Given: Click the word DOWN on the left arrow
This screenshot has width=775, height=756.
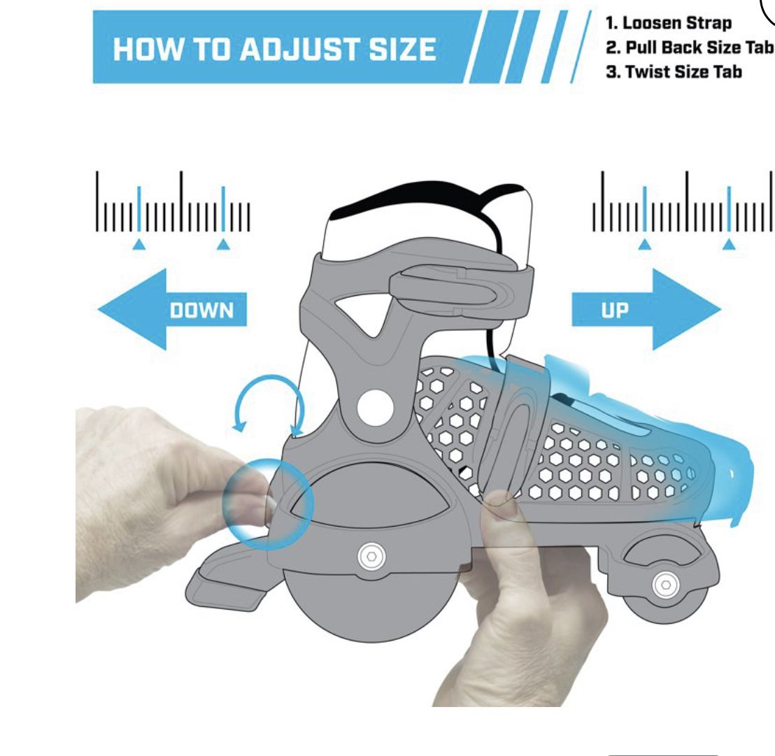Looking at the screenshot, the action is pyautogui.click(x=201, y=311).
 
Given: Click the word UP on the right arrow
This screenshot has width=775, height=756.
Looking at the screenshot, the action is pyautogui.click(x=615, y=311).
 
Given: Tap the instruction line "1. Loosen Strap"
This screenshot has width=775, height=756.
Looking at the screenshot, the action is pyautogui.click(x=669, y=23).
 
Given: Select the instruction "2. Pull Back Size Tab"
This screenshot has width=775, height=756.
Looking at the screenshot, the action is pyautogui.click(x=690, y=48).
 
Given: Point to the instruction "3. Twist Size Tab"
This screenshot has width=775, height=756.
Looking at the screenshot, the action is pyautogui.click(x=674, y=72).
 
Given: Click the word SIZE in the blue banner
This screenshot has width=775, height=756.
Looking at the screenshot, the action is pyautogui.click(x=402, y=50).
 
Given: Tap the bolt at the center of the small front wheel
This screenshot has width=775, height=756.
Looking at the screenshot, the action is pyautogui.click(x=665, y=585).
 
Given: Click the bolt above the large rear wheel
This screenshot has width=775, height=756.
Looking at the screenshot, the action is pyautogui.click(x=371, y=557).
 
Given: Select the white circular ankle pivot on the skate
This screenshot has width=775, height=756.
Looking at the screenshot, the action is pyautogui.click(x=375, y=408).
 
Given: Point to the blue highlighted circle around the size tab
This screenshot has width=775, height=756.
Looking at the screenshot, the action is pyautogui.click(x=268, y=504).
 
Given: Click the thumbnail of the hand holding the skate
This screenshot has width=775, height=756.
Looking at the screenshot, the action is pyautogui.click(x=500, y=505).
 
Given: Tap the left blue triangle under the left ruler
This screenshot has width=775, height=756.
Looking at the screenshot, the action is pyautogui.click(x=139, y=244).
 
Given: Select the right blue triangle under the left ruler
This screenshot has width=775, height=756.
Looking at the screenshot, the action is pyautogui.click(x=223, y=244).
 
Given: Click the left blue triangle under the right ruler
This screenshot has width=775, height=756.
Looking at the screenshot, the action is pyautogui.click(x=644, y=244).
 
